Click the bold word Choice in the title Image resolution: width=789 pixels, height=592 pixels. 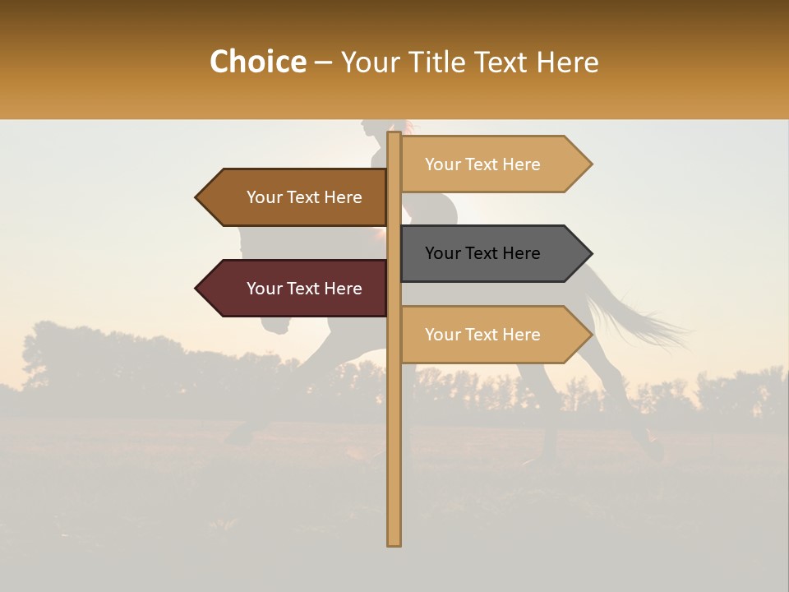(257, 62)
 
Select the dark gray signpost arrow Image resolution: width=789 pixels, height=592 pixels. (493, 253)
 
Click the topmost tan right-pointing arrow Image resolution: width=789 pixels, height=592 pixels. (493, 164)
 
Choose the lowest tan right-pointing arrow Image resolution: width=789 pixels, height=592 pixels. (493, 335)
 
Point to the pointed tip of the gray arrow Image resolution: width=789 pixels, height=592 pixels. (590, 253)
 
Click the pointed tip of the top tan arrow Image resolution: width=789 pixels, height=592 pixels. (590, 164)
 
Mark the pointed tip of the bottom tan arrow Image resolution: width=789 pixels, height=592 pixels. (590, 335)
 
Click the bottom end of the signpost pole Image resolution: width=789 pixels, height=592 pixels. (394, 543)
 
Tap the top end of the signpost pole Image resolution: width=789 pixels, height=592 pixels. (394, 134)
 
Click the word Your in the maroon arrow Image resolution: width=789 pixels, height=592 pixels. (264, 289)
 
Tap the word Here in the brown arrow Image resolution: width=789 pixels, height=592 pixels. (343, 197)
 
